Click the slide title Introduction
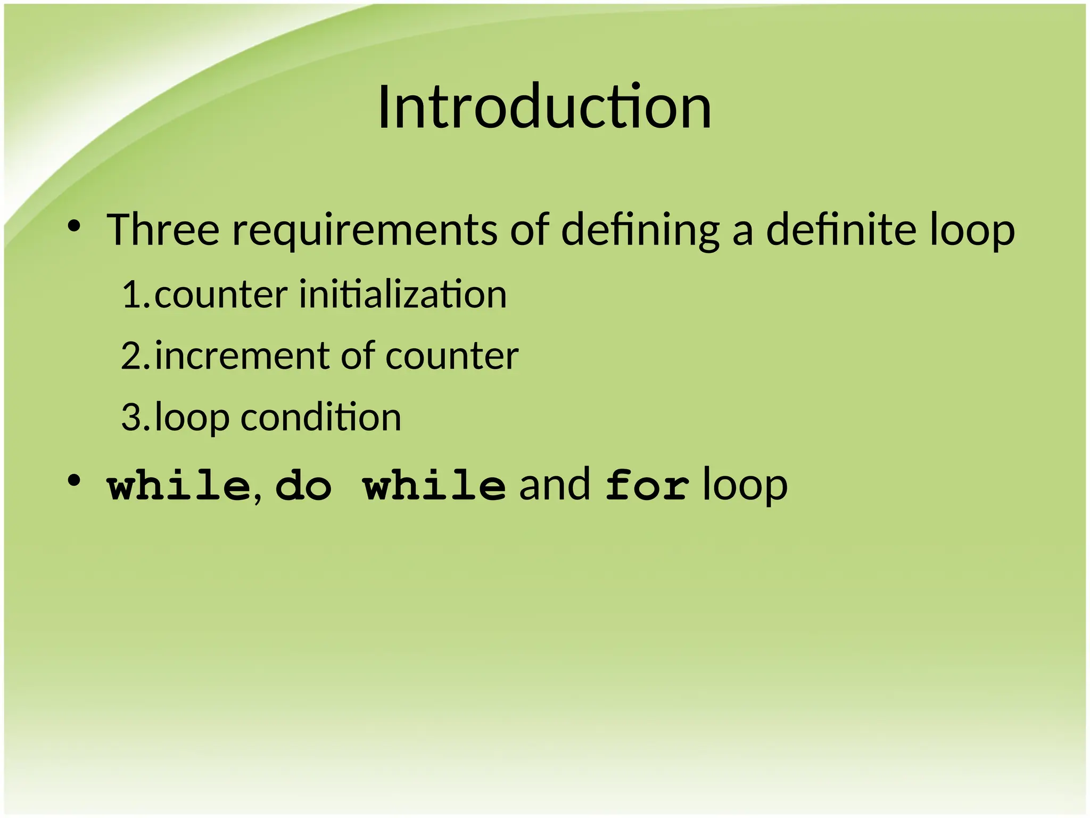(x=544, y=108)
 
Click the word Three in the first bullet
(x=163, y=230)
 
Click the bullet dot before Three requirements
(x=74, y=227)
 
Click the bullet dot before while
(x=74, y=481)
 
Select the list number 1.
(x=133, y=295)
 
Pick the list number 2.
(x=133, y=356)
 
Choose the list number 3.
(x=133, y=418)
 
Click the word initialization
(x=403, y=295)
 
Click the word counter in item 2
(x=451, y=356)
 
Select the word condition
(x=321, y=418)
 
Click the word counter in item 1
(x=221, y=295)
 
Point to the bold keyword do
(x=304, y=485)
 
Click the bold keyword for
(x=647, y=485)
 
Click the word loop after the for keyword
(x=745, y=486)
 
